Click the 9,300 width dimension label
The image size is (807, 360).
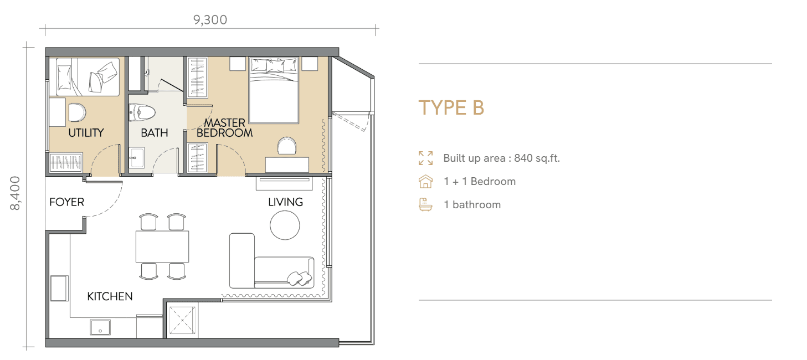click(210, 20)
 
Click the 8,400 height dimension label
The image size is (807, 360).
click(15, 193)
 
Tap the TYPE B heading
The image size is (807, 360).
click(451, 107)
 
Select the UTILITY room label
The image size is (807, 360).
click(86, 133)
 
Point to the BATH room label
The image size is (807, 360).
click(154, 133)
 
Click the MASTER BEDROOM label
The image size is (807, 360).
click(224, 128)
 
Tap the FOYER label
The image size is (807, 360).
click(66, 202)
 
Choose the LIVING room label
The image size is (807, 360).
click(285, 202)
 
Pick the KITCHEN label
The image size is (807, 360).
click(110, 296)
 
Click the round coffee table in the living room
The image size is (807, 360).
click(285, 225)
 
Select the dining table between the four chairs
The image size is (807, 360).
click(162, 246)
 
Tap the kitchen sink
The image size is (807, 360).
click(100, 327)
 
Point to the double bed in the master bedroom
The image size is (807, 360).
click(274, 90)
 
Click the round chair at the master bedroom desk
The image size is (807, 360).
click(287, 146)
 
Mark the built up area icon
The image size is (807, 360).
click(425, 158)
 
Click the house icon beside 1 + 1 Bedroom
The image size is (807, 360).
click(425, 181)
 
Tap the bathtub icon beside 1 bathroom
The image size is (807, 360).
click(425, 204)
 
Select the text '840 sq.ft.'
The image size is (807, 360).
click(537, 158)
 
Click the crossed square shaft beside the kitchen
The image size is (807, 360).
click(182, 320)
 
